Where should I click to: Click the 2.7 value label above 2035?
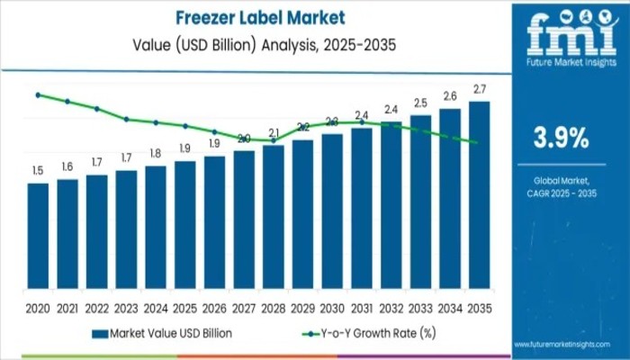point(480,89)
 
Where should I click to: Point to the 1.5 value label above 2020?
point(38,170)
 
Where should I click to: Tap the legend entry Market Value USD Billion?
point(170,334)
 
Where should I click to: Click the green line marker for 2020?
point(38,94)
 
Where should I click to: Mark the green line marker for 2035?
point(475,142)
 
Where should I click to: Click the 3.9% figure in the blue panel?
point(561,138)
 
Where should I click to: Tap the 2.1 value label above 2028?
point(274,133)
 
